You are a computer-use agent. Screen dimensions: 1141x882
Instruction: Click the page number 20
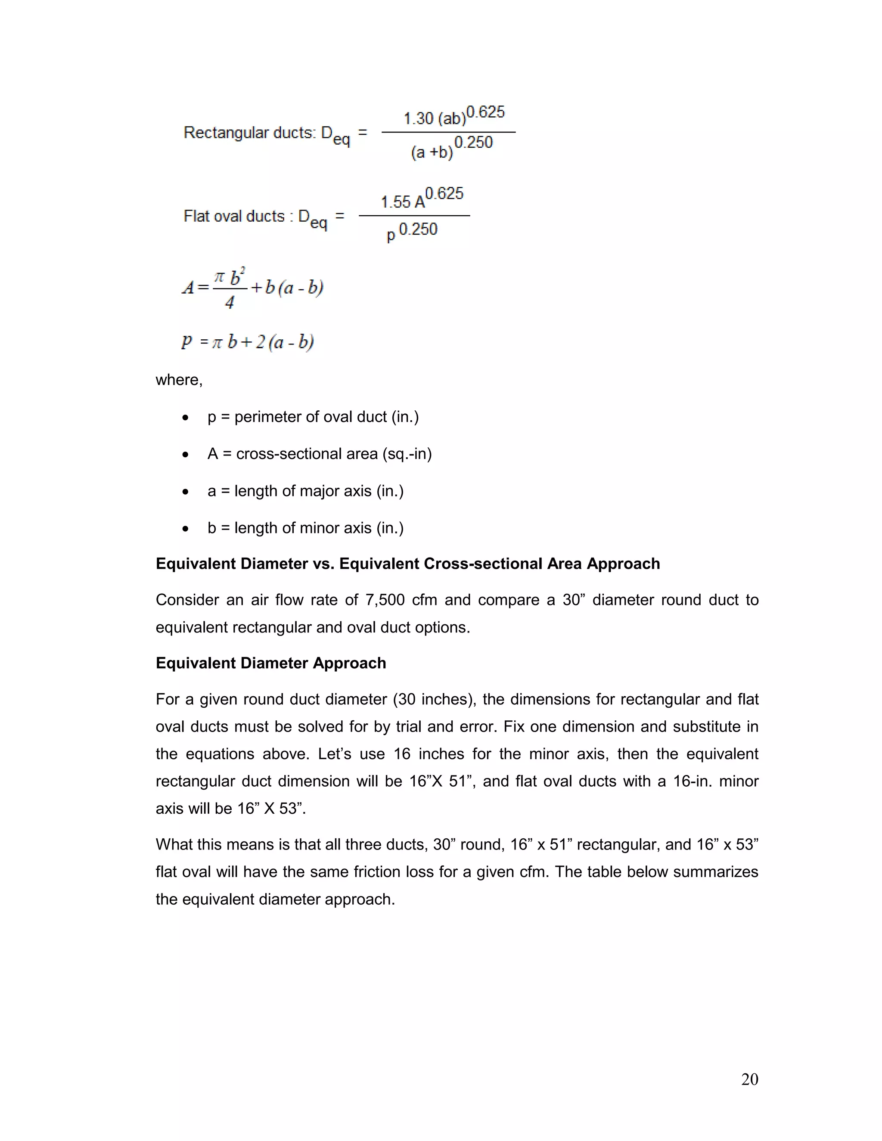[749, 1079]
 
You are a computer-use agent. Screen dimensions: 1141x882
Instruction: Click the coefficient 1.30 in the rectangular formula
[418, 119]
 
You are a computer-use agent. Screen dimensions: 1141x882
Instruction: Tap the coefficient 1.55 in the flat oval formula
[395, 202]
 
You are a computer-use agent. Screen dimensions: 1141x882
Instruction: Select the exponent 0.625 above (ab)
[485, 112]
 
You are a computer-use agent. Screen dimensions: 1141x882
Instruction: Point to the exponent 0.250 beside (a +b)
[473, 142]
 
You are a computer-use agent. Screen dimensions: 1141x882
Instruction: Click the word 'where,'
[179, 380]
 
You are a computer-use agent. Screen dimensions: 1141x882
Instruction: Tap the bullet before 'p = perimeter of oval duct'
[186, 417]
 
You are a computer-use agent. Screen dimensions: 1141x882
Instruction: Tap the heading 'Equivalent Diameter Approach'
[270, 663]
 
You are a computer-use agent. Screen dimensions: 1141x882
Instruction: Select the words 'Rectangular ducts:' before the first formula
[249, 133]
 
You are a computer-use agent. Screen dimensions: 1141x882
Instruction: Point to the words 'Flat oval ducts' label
[234, 216]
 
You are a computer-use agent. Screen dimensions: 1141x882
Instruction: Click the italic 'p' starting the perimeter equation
[186, 342]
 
